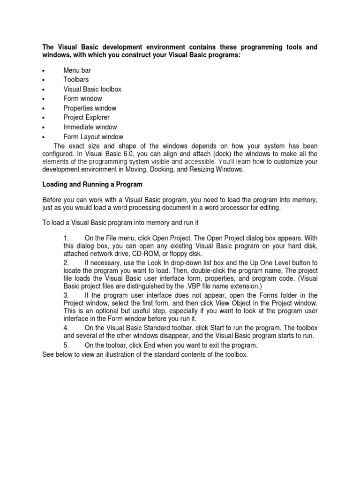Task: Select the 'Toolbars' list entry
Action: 76,80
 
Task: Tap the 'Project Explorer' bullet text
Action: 87,118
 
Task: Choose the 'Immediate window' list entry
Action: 90,127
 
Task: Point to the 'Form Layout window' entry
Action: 93,137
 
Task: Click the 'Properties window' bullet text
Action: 90,108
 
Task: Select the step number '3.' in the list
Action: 66,295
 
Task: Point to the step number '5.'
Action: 66,345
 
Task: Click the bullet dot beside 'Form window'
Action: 43,99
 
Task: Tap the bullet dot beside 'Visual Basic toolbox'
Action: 43,90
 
